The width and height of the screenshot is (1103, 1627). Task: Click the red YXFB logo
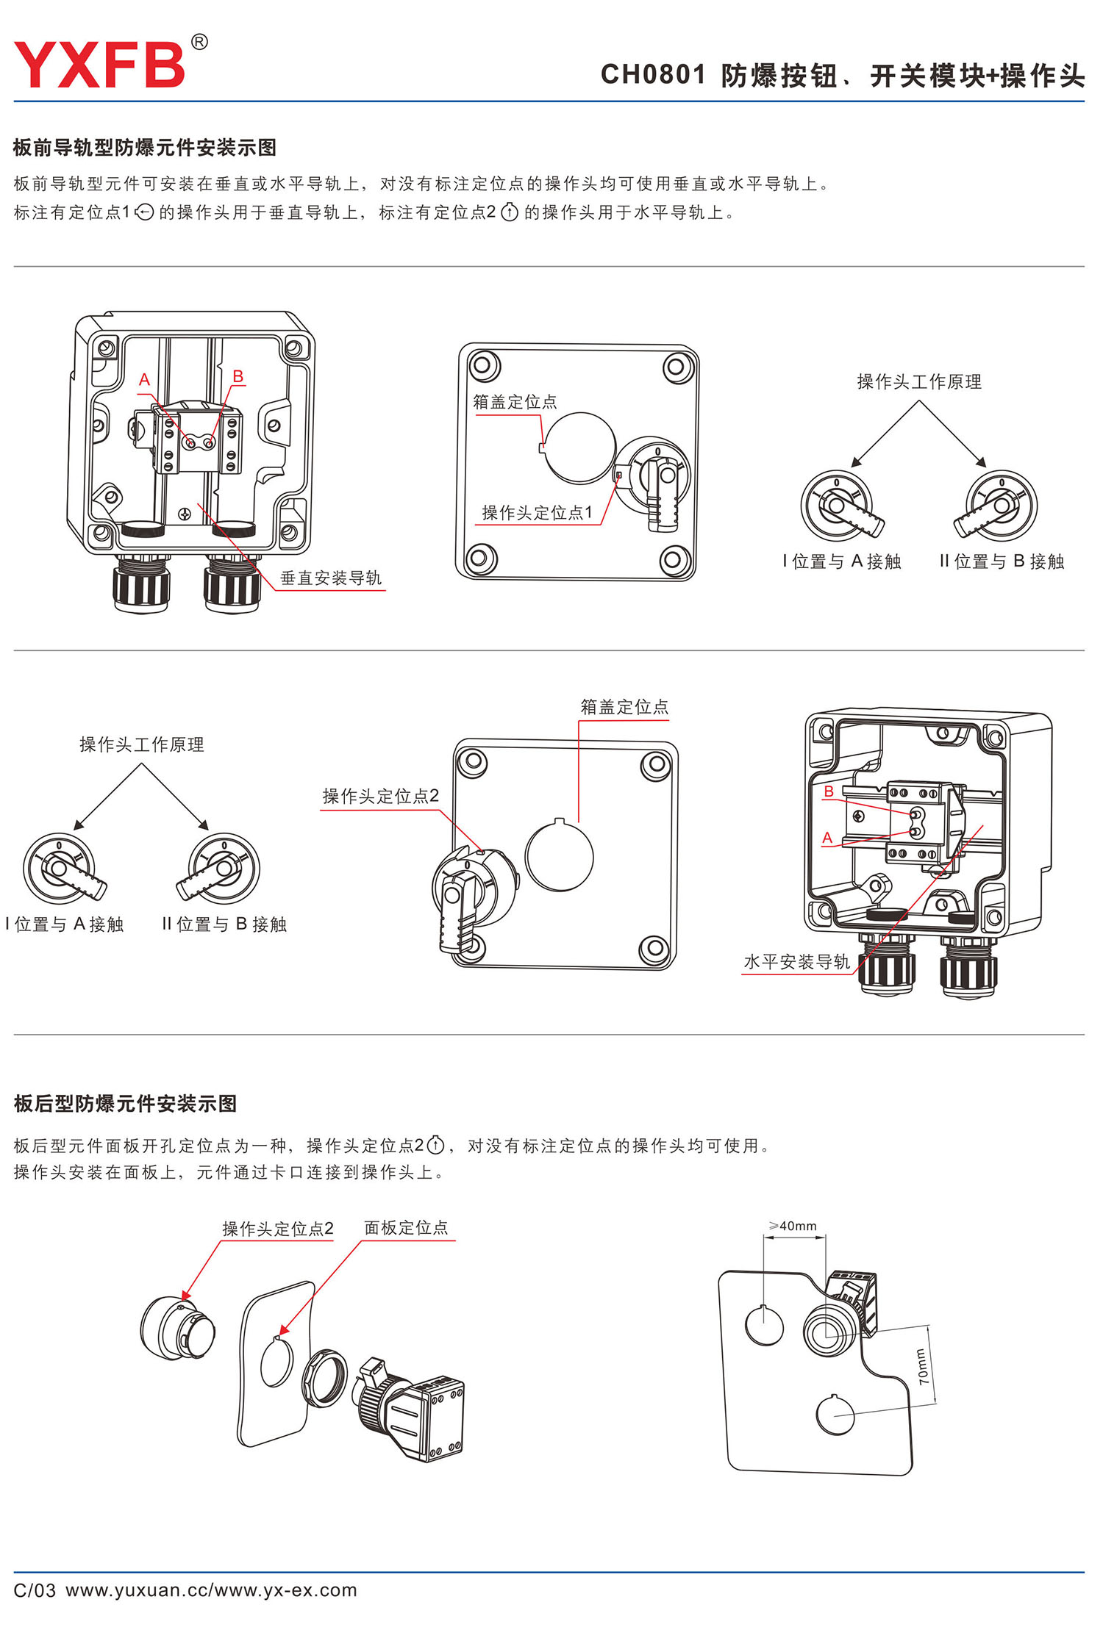[99, 65]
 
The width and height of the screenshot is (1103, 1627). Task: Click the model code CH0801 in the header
[653, 75]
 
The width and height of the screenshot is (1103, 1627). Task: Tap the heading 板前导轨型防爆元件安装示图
[145, 148]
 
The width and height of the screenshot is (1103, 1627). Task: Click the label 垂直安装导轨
[331, 578]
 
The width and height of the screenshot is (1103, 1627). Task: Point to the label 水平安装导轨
[796, 962]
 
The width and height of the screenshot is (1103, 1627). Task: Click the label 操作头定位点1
[537, 513]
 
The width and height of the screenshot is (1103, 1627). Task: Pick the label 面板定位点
[406, 1227]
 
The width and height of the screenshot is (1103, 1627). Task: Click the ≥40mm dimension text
[793, 1226]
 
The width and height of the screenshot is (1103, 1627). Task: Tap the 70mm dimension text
[922, 1367]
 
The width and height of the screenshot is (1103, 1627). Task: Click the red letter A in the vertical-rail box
[145, 380]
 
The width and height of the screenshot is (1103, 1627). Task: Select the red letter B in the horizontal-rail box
[829, 791]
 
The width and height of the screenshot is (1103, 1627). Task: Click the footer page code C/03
[35, 1590]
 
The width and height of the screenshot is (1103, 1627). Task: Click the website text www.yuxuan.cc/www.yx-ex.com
[211, 1590]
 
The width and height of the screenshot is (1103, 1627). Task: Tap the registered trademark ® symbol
[199, 43]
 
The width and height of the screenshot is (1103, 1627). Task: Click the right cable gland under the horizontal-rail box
[968, 968]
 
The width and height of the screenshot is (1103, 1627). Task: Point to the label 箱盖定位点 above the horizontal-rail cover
[624, 707]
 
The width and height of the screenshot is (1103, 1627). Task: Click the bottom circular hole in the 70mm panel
[835, 1414]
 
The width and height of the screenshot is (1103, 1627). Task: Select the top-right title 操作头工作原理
[919, 382]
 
